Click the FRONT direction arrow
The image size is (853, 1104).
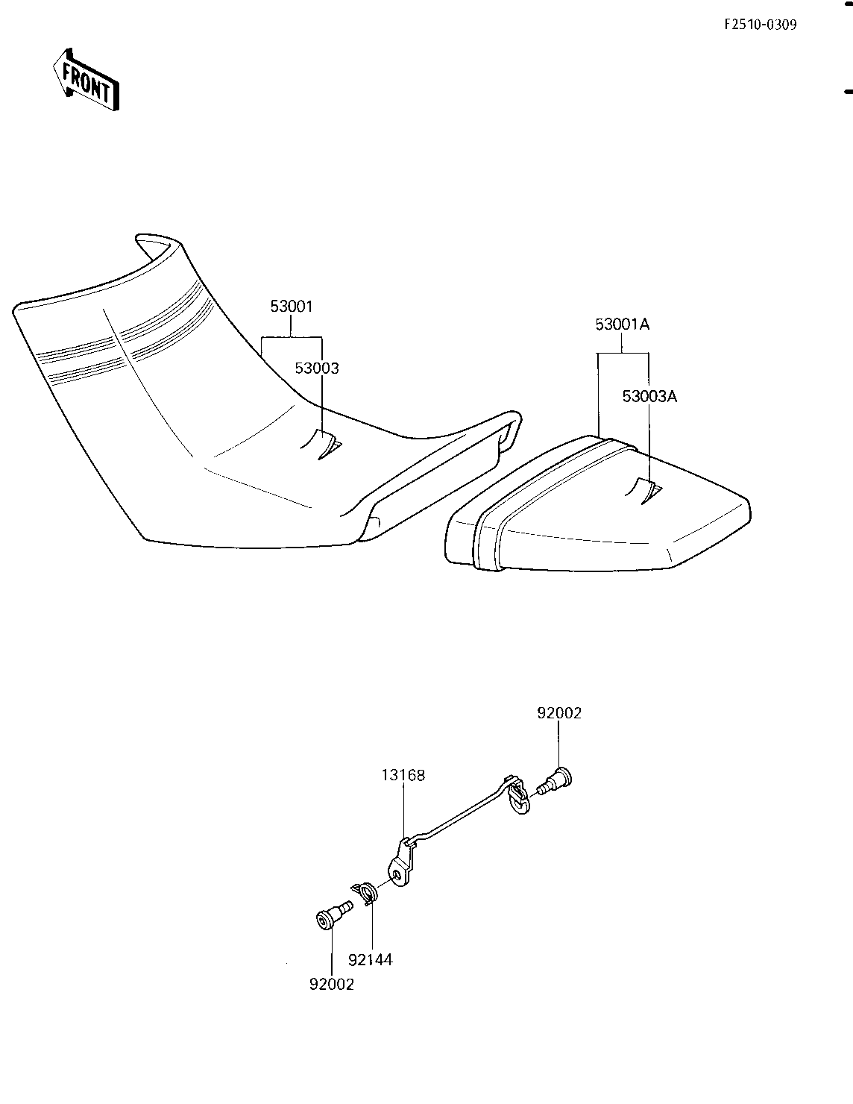(x=86, y=79)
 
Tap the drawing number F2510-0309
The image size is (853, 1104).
(x=760, y=25)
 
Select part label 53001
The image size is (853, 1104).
(x=292, y=307)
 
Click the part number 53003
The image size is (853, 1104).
(x=317, y=368)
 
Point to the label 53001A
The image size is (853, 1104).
(x=623, y=324)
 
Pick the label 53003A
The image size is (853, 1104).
(x=650, y=396)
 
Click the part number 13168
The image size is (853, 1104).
(x=403, y=775)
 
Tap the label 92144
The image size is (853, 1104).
(x=370, y=960)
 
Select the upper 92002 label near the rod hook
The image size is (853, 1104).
(x=559, y=713)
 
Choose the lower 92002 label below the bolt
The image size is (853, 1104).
(x=332, y=984)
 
